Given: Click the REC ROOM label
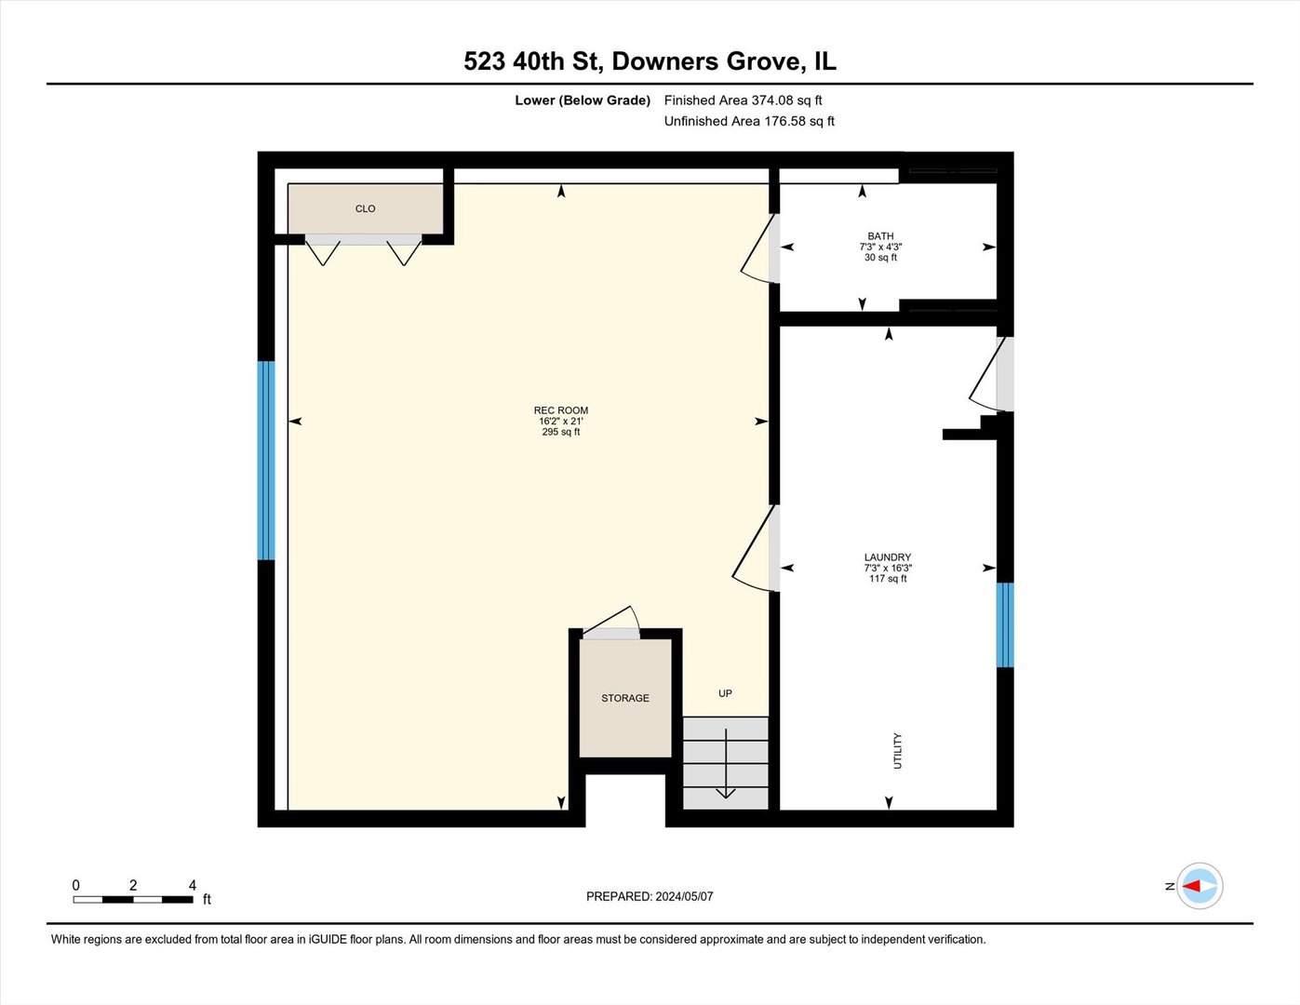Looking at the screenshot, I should pos(560,410).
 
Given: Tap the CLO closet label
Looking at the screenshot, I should pos(365,209).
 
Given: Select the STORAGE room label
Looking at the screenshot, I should pos(624,698).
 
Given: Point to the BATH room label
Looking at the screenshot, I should pos(880,236).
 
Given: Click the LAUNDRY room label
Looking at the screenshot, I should pos(887,557).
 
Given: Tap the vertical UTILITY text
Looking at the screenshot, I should pos(898,751).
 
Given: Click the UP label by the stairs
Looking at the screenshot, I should pos(725,693).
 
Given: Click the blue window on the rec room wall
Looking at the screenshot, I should pos(266,461).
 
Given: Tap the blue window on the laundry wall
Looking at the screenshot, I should pos(1004,624).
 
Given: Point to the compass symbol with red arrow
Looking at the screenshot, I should pos(1199,886).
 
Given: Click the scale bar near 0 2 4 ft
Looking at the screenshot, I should pos(132,900).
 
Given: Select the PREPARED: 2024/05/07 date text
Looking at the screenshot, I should pos(650,896).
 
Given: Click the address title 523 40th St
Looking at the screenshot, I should pos(650,61).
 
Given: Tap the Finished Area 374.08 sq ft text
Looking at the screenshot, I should pos(743,100).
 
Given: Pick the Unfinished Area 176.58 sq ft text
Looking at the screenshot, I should pos(749,121).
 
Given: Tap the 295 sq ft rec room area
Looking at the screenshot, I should pos(560,432).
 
